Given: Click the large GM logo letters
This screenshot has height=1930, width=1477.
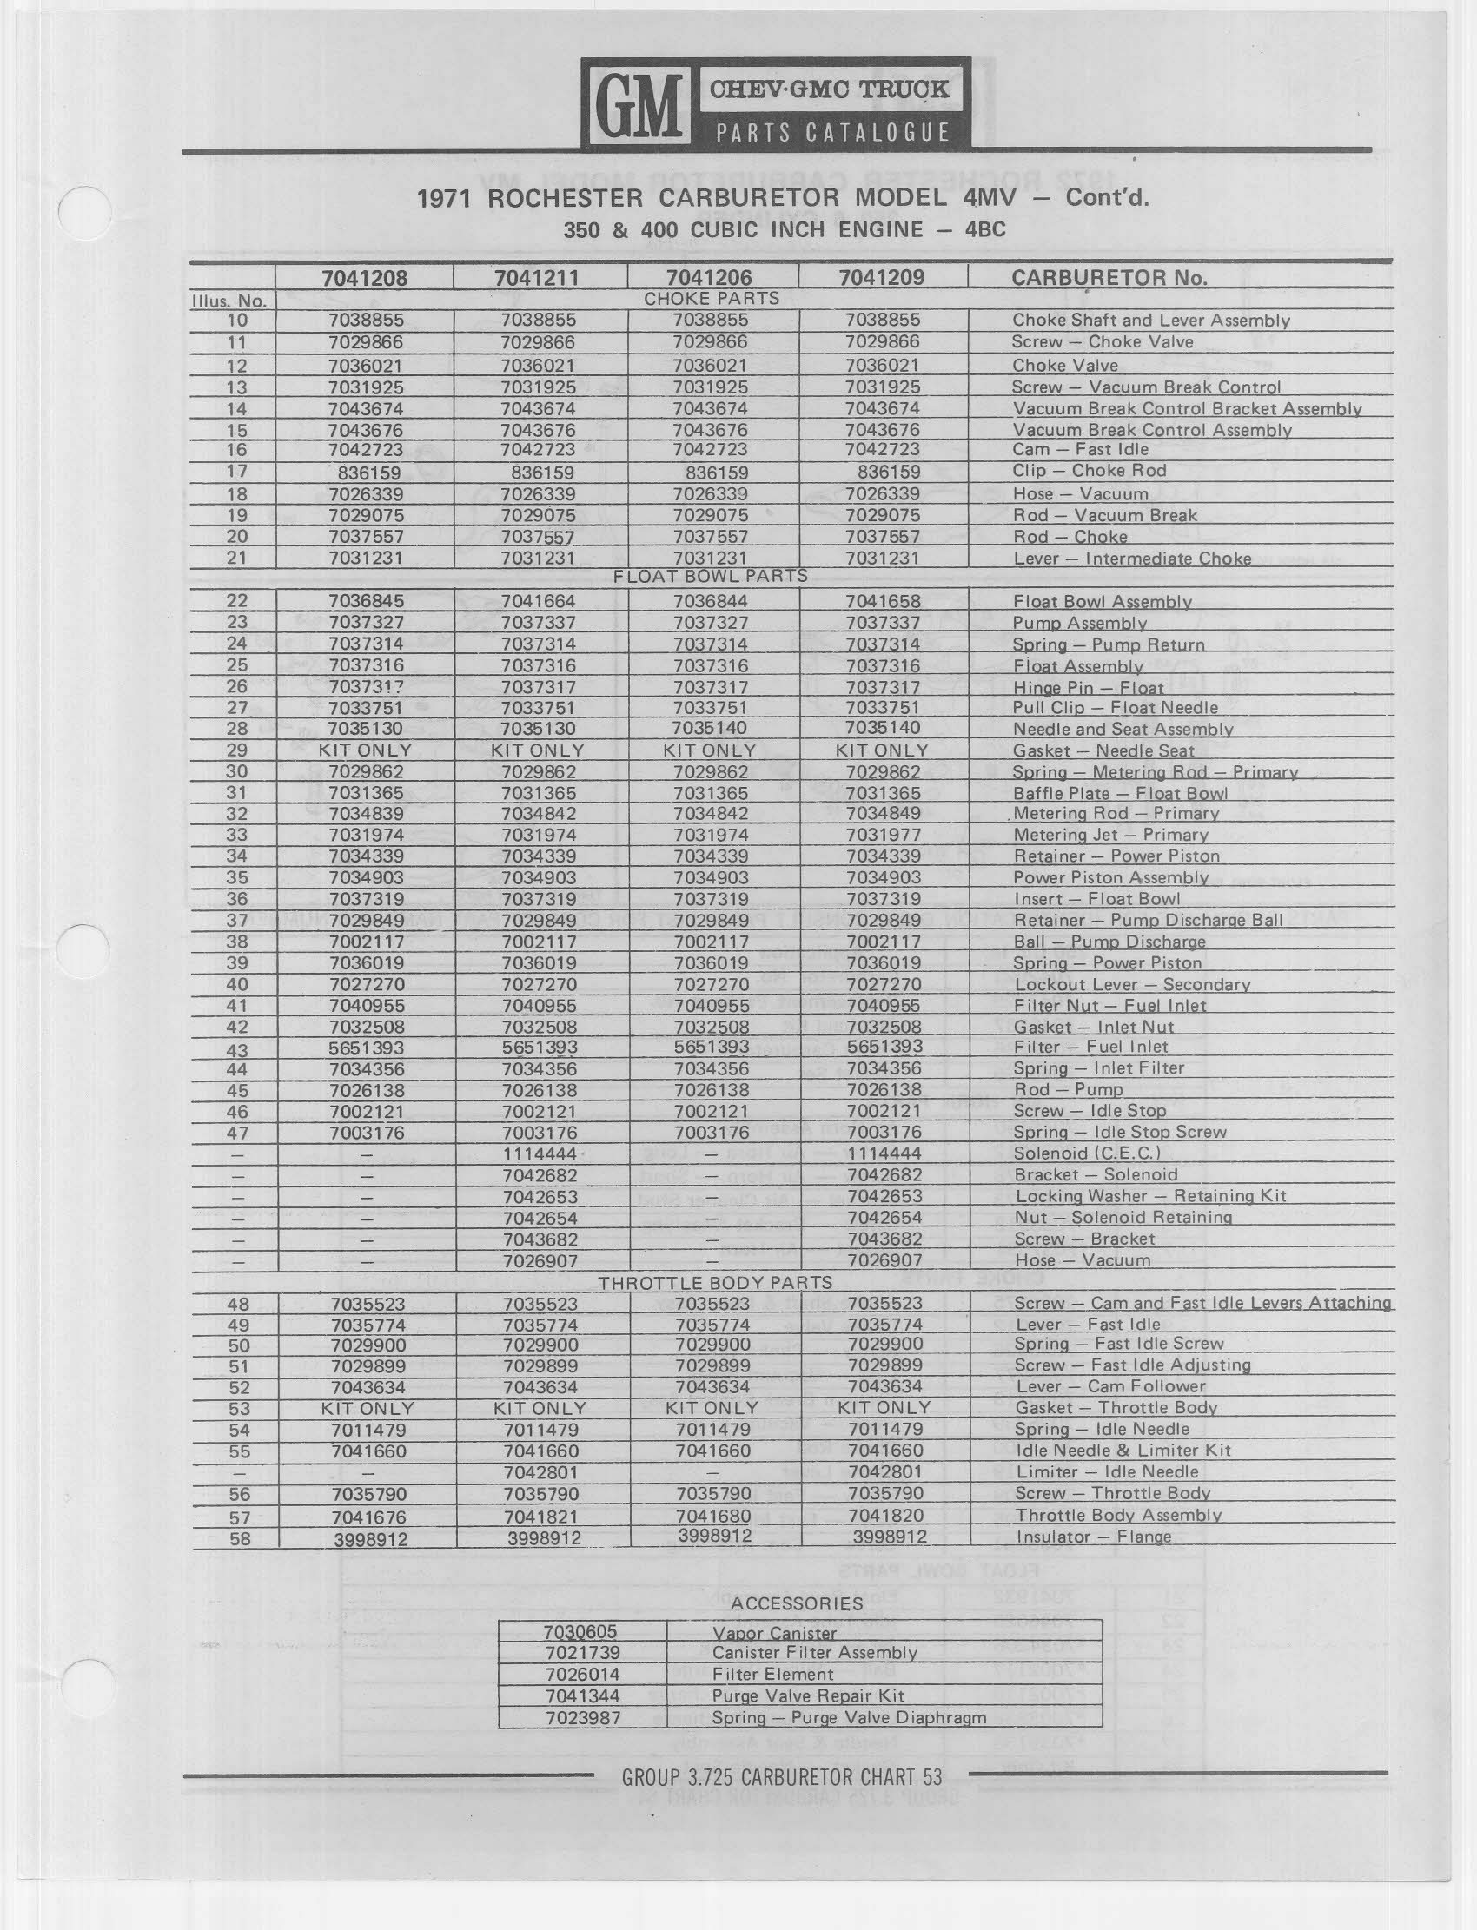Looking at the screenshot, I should pyautogui.click(x=639, y=108).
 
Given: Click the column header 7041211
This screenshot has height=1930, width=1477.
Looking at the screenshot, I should pyautogui.click(x=536, y=278).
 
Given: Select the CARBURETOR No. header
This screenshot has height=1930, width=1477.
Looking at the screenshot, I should pyautogui.click(x=1109, y=278).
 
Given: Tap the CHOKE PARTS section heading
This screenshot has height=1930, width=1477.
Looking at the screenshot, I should pyautogui.click(x=712, y=299).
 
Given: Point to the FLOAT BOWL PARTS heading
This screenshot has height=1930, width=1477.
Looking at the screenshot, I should pyautogui.click(x=711, y=577).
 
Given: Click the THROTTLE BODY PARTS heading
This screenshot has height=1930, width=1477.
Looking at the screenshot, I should pyautogui.click(x=715, y=1283).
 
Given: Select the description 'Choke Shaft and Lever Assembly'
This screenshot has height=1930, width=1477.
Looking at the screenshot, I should pyautogui.click(x=1151, y=321).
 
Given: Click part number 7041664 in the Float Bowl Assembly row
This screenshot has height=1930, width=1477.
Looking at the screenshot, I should pyautogui.click(x=538, y=601).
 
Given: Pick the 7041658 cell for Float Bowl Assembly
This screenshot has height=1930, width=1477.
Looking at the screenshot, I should pyautogui.click(x=883, y=601).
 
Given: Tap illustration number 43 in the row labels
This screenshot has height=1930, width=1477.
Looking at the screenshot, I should pyautogui.click(x=236, y=1048).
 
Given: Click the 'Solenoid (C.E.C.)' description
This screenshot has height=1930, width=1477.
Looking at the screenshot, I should pyautogui.click(x=1088, y=1153).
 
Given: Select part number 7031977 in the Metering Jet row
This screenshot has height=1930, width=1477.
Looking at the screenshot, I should pyautogui.click(x=883, y=835).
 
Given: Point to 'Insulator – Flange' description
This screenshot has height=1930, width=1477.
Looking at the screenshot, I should pyautogui.click(x=1093, y=1537).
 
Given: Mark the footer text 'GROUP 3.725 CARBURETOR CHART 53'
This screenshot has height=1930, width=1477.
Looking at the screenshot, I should pyautogui.click(x=782, y=1777).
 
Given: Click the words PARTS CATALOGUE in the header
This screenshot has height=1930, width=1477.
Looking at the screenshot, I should pyautogui.click(x=832, y=133).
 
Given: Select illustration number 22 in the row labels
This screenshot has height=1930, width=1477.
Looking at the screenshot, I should pyautogui.click(x=236, y=601).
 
